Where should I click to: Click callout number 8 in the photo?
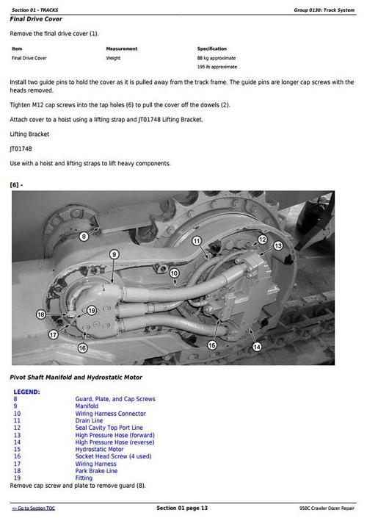(x=83, y=236)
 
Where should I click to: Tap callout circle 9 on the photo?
(x=115, y=254)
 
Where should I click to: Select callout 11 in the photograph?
(x=196, y=241)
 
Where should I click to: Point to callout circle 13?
(x=278, y=245)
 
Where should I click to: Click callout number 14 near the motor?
(x=256, y=346)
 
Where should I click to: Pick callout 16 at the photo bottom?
(x=82, y=348)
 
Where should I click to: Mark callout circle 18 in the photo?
(x=40, y=314)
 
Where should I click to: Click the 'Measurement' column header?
(x=122, y=48)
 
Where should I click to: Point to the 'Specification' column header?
(x=212, y=48)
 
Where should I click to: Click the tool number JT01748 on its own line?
(x=21, y=148)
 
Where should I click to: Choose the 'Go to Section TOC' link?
(x=33, y=508)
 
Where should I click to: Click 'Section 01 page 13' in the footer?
(x=182, y=508)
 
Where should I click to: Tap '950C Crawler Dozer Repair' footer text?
(x=327, y=508)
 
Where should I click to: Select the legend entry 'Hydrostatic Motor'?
(x=99, y=449)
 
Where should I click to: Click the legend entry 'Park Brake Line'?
(x=96, y=470)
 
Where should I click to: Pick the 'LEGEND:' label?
(x=26, y=392)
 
